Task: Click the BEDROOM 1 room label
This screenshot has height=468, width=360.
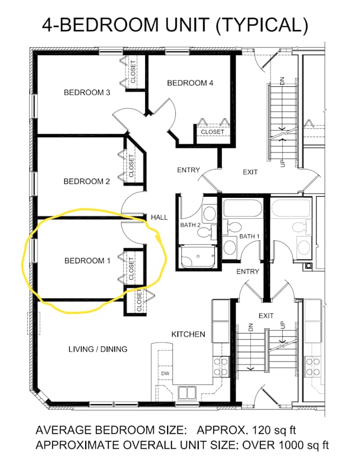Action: [87, 261]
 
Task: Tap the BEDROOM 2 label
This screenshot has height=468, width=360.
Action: [87, 181]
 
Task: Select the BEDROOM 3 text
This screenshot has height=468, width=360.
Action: [87, 92]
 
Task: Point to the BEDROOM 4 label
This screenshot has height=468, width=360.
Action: [190, 83]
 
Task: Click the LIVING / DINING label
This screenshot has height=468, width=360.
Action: [98, 349]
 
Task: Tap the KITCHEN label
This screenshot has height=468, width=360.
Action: [188, 334]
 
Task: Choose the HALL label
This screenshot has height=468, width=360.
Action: [159, 217]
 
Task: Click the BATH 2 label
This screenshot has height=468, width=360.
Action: [190, 225]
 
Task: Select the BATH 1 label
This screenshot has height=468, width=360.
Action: [249, 236]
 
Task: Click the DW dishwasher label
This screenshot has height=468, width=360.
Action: [165, 373]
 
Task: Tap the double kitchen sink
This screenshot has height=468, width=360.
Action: [187, 393]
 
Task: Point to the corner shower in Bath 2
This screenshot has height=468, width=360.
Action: [198, 257]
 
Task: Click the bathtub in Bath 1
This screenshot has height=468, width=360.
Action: [243, 208]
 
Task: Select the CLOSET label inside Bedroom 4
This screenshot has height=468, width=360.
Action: [212, 132]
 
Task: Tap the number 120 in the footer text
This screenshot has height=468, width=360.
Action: [261, 430]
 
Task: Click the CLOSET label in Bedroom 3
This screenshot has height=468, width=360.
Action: [133, 72]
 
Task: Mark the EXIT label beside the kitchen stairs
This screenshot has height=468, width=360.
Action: [266, 315]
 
